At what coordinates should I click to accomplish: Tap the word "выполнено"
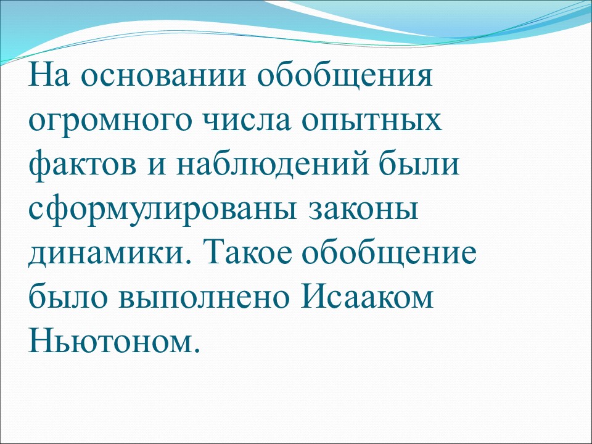pyautogui.click(x=204, y=296)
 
